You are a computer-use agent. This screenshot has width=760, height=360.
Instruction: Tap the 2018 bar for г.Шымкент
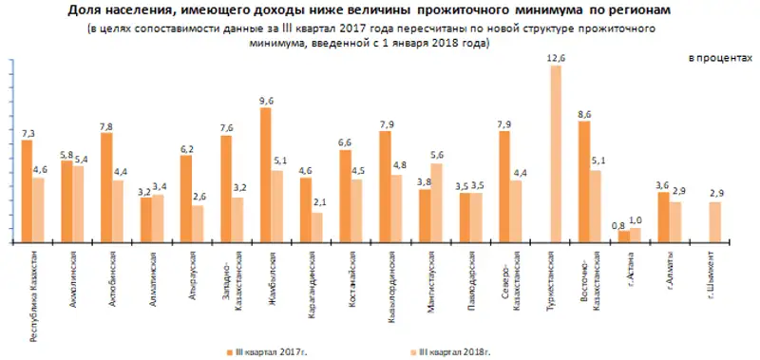[x=715, y=222]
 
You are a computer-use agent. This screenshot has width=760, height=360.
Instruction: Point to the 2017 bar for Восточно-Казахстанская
[x=584, y=181]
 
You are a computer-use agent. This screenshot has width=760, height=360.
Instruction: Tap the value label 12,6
[x=557, y=59]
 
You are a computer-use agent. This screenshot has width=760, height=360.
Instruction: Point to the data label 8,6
[x=584, y=114]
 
